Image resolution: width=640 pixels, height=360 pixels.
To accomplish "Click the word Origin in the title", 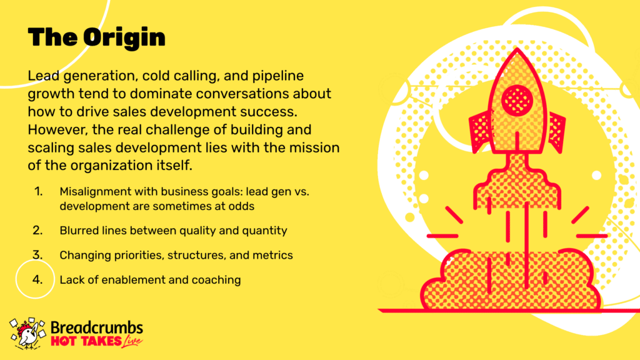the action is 124,38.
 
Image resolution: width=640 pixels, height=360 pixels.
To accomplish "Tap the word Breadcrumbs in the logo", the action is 97,327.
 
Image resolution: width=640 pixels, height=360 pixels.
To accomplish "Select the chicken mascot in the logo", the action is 27,334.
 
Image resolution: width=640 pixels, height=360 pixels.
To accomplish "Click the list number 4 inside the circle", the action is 37,279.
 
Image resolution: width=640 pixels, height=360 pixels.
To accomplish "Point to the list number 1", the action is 38,191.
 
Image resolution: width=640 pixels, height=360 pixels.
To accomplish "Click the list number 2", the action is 37,231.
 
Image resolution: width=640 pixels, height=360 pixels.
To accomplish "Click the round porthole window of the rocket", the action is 517,100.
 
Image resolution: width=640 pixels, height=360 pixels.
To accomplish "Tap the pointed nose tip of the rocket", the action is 517,49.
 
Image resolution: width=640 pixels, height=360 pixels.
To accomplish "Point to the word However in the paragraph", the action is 58,130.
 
